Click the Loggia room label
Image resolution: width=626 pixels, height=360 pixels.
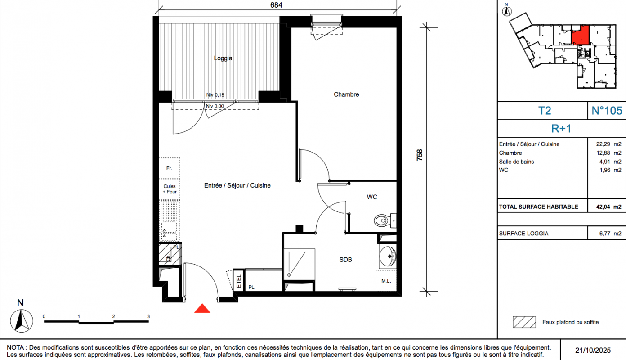click(x=223, y=58)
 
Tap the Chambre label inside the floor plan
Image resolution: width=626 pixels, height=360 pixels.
click(x=346, y=94)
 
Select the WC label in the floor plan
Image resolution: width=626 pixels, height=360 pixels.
click(x=371, y=197)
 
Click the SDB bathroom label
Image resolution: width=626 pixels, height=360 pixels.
click(x=345, y=260)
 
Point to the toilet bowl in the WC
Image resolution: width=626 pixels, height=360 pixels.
click(x=382, y=220)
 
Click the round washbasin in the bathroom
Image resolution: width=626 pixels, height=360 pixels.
click(x=388, y=256)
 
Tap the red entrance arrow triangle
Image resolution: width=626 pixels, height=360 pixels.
click(x=202, y=308)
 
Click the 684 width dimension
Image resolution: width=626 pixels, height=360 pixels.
click(x=276, y=5)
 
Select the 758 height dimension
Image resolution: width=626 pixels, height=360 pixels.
click(x=420, y=155)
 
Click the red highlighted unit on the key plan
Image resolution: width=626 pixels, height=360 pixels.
click(x=581, y=35)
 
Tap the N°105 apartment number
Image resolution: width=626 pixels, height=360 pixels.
click(x=607, y=111)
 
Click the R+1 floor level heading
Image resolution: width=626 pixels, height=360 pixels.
click(x=561, y=129)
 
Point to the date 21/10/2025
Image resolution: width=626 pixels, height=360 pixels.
click(x=593, y=350)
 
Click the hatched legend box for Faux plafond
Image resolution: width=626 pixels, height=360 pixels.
click(x=524, y=322)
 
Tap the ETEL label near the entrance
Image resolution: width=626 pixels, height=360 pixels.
click(x=239, y=281)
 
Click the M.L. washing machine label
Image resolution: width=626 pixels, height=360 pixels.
click(x=386, y=281)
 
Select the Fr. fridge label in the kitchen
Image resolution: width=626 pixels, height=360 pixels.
click(x=169, y=168)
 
